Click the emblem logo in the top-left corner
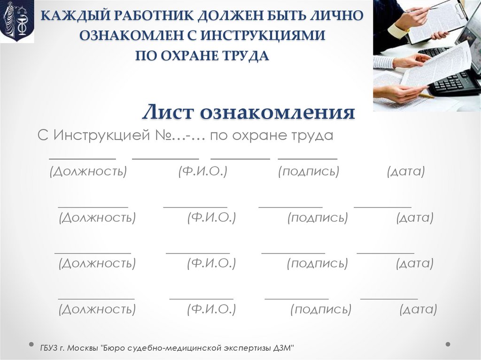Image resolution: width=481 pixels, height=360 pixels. pyautogui.click(x=17, y=22)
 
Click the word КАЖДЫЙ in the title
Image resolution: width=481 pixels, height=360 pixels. pyautogui.click(x=70, y=15)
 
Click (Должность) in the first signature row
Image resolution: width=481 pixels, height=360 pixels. pyautogui.click(x=88, y=172)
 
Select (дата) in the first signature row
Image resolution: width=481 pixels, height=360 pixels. pyautogui.click(x=406, y=172)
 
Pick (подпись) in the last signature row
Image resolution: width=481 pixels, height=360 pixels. pyautogui.click(x=321, y=309)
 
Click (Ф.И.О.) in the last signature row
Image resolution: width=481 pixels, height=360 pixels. pyautogui.click(x=211, y=309)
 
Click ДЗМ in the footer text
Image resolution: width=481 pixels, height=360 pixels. pyautogui.click(x=283, y=348)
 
